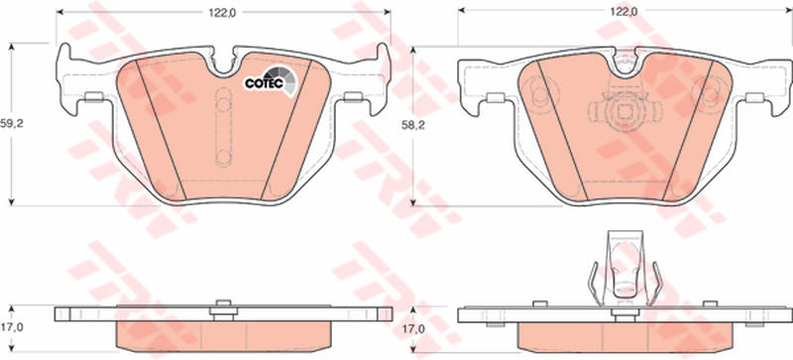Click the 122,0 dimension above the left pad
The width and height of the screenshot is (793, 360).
pos(222,14)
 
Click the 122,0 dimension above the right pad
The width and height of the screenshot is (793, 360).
pos(623,12)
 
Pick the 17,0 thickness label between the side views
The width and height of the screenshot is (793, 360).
pos(413,329)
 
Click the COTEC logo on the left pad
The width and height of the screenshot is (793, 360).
pos(271,81)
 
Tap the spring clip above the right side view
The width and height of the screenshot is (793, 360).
pos(625,269)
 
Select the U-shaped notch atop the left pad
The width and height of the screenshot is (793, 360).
pos(223,64)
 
